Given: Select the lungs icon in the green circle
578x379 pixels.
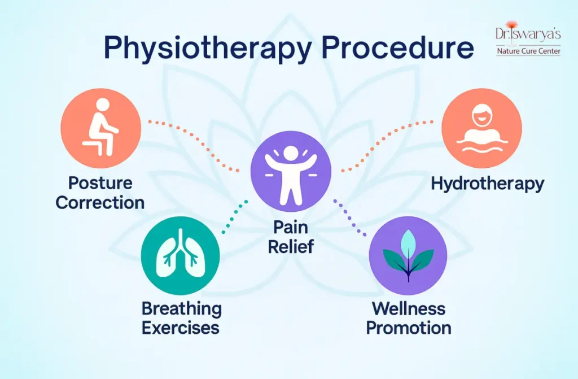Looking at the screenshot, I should tap(180, 255).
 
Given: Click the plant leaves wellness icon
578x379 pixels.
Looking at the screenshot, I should tap(408, 255).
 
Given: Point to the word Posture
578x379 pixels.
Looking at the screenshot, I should tap(100, 183).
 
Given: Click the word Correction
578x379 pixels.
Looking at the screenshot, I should tap(100, 202).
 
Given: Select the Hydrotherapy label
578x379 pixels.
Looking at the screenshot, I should tap(487, 184).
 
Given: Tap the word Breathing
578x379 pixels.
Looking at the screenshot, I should tap(181, 308).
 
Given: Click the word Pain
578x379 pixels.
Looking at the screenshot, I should tap(290, 227).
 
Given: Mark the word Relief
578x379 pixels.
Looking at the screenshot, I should tap(290, 247).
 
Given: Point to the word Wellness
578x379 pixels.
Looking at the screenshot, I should tap(408, 308).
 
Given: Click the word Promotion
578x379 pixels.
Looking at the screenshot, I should tap(408, 328).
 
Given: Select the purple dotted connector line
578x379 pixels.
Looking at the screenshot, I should tap(350, 218).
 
